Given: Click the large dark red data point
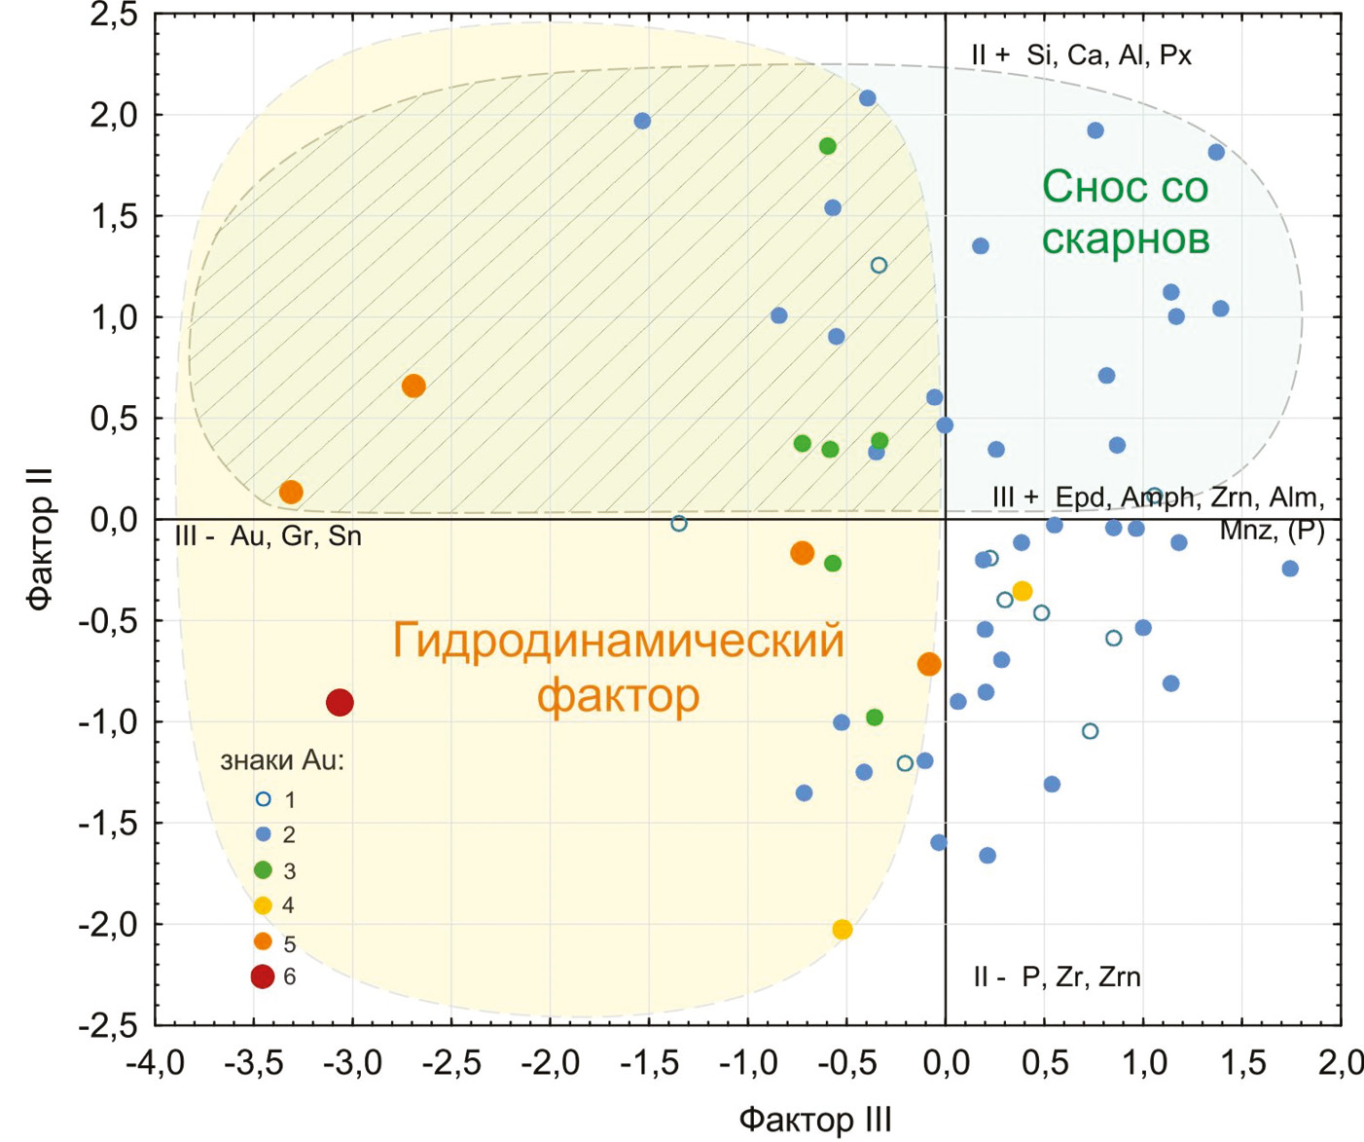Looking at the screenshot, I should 340,702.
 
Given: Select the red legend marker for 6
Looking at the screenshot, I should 263,976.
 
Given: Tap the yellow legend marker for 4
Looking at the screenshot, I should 263,905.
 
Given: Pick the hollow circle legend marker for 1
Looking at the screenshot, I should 263,799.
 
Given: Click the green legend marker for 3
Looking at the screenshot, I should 263,870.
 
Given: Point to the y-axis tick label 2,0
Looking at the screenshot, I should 114,115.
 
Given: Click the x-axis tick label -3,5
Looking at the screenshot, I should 254,1063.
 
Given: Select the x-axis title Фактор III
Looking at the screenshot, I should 815,1120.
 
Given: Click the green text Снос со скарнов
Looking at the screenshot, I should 1125,212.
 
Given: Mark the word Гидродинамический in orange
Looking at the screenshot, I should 618,642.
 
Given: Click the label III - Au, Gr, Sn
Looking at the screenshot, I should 269,536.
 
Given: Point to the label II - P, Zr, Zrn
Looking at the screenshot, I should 1057,976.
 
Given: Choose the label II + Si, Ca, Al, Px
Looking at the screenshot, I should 1081,55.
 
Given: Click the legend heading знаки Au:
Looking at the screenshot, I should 282,760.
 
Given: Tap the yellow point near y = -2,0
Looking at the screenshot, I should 843,930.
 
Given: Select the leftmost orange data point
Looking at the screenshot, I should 291,492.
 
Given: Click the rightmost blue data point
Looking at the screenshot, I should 1290,569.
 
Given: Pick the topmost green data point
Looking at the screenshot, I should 828,146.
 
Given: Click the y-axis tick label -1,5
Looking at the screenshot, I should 110,824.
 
